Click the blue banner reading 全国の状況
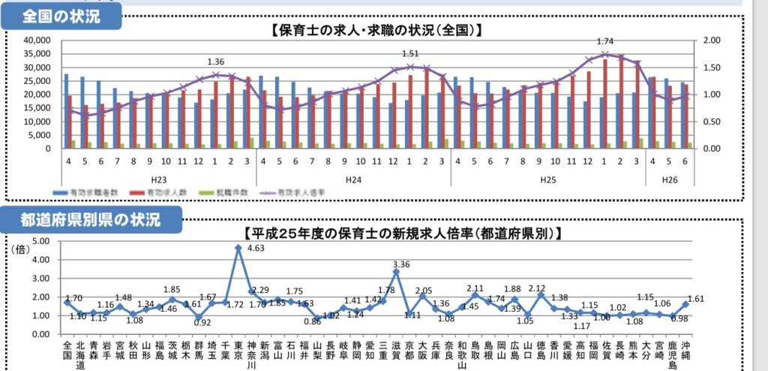[61, 16]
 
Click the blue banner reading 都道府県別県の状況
[91, 220]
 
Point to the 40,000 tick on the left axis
[35, 41]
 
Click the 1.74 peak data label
[605, 42]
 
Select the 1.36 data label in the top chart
[216, 62]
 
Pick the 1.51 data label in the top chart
[410, 54]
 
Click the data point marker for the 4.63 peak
[238, 247]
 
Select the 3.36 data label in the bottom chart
[401, 264]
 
